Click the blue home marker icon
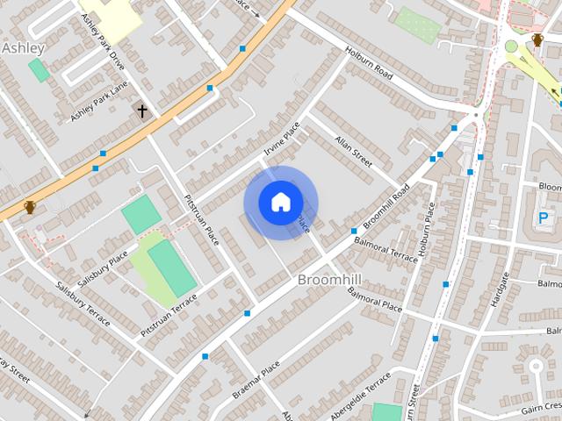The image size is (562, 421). (280, 203)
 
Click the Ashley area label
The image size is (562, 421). (23, 48)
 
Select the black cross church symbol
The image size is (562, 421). (142, 111)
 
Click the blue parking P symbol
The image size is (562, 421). (544, 218)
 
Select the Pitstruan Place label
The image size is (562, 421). (201, 220)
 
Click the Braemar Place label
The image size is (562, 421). (256, 379)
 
